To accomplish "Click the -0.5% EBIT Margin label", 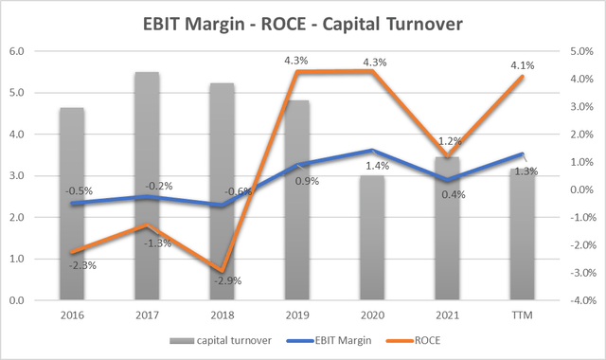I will tap(79, 190).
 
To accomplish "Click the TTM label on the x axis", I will tap(521, 313).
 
